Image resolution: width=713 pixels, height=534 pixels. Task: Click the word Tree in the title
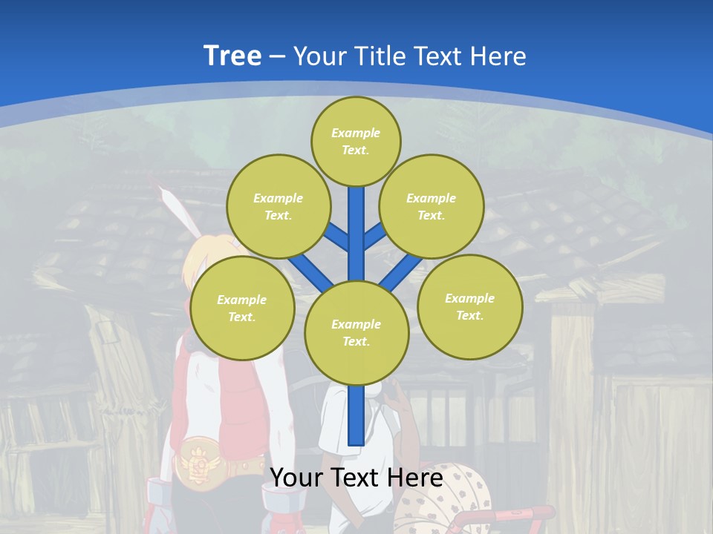tap(232, 56)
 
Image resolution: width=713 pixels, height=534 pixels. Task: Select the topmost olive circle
tap(356, 141)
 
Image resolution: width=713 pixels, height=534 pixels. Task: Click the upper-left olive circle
tap(278, 206)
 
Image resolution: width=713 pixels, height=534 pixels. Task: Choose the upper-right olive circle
tap(431, 206)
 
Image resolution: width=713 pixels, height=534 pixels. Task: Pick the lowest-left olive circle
tap(242, 308)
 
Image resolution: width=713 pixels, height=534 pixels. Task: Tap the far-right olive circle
tap(469, 306)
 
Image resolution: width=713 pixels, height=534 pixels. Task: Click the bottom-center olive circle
tap(356, 332)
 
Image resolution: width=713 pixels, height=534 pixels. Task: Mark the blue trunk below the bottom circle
tap(356, 415)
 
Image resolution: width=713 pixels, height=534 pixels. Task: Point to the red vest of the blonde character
tap(245, 400)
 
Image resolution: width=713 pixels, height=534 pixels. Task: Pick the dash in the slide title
tap(277, 56)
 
